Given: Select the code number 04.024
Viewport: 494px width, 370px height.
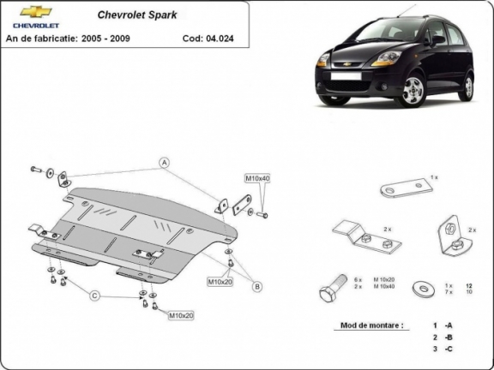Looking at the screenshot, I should coord(220,39).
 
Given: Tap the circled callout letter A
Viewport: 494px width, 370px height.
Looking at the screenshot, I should coord(163,162).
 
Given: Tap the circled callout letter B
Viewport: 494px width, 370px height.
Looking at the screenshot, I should coord(256,286).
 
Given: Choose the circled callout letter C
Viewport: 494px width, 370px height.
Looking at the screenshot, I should coord(95,295).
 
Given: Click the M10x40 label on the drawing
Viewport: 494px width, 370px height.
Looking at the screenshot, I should coord(257,178).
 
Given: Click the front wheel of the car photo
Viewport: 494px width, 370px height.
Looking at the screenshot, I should coord(414,91).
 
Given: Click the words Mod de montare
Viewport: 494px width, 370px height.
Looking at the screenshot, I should coord(370,326).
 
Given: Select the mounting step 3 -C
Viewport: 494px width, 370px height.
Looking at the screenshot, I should coord(442,350).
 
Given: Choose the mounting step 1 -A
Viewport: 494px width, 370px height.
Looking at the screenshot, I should coord(442,326).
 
